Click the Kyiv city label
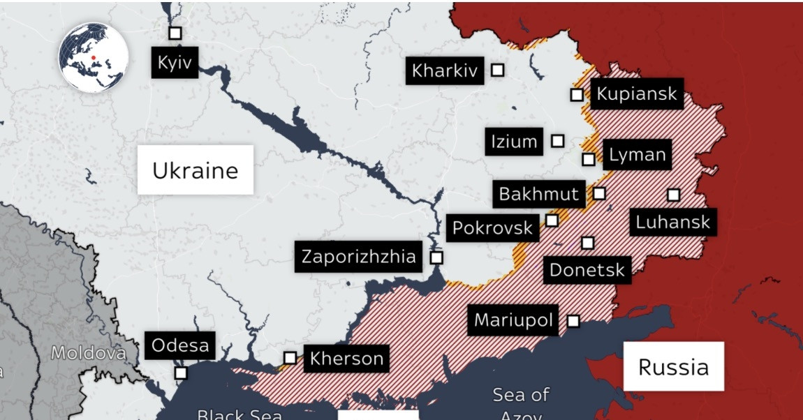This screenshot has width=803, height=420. click(175, 63)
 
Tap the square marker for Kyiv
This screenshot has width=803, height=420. click(175, 33)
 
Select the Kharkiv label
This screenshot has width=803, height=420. click(445, 70)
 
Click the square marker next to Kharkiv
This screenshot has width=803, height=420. click(498, 70)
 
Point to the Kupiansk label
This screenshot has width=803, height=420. click(637, 93)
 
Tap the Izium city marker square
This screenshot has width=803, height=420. click(557, 141)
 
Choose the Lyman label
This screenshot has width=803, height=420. click(637, 155)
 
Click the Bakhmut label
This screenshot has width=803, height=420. click(539, 193)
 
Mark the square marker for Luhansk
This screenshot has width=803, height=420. click(673, 195)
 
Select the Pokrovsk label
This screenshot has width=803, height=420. click(493, 227)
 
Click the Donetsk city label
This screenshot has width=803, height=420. click(587, 269)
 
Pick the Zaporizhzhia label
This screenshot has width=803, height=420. click(358, 257)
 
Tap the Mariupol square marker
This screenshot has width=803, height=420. click(573, 321)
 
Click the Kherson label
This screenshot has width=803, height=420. click(346, 359)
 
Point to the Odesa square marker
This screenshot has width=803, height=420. click(181, 373)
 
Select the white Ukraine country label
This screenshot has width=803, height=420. click(195, 170)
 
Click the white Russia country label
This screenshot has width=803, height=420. click(673, 366)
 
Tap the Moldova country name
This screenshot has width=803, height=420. click(88, 353)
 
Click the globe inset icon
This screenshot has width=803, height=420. click(93, 57)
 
